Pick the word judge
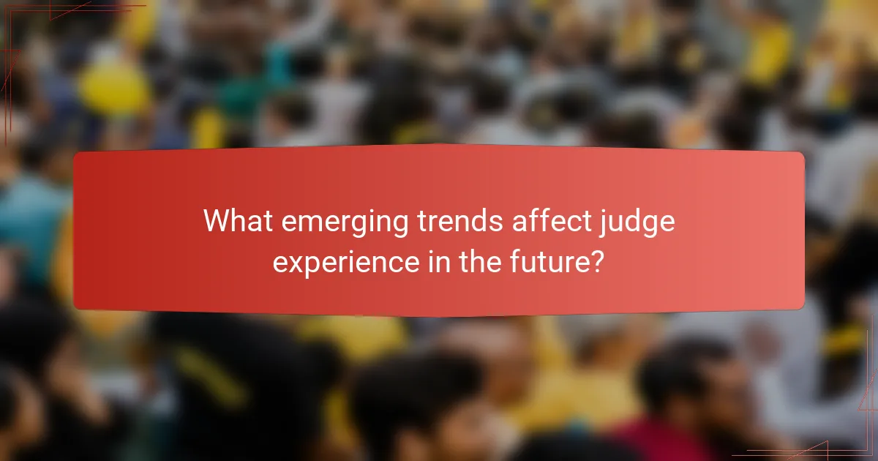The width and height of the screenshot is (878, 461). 636,222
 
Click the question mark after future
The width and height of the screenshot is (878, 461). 597,261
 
